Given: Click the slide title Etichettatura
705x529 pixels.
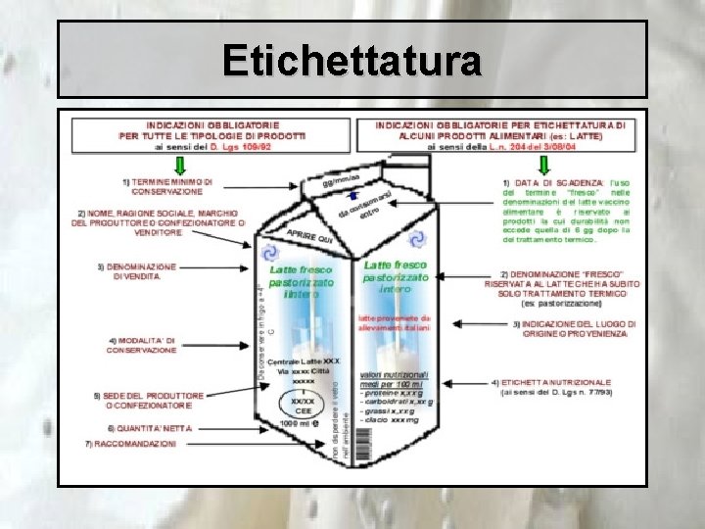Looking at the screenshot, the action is [352, 61].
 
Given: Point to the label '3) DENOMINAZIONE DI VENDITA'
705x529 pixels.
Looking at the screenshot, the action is [137, 271].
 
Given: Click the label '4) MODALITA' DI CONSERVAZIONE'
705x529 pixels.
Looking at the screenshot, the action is [142, 345].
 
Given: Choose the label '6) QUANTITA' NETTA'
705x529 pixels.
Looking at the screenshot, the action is [150, 428].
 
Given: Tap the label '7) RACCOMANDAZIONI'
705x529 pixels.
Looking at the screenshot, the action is [130, 444].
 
